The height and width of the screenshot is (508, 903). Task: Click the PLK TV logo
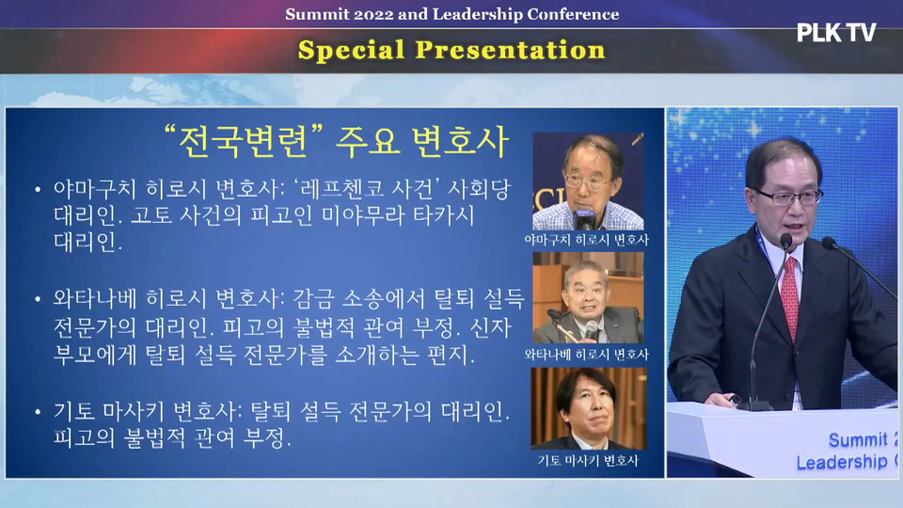(836, 32)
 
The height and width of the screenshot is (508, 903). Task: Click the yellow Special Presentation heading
(451, 50)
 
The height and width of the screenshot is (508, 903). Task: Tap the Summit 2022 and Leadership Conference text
(452, 14)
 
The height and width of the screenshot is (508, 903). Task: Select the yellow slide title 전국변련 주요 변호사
(337, 142)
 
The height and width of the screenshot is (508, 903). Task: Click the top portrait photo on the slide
(588, 182)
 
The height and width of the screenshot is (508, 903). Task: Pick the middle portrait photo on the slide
(588, 298)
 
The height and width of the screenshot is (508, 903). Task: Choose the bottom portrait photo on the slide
(588, 408)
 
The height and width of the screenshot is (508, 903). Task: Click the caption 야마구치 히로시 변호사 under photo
(586, 240)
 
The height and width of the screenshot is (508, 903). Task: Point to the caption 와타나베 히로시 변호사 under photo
(586, 355)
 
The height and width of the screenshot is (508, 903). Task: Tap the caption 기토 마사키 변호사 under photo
(588, 460)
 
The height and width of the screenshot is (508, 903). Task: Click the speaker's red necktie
(790, 296)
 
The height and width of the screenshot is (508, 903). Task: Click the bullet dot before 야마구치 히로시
(38, 189)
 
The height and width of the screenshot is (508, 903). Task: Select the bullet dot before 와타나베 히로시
(38, 299)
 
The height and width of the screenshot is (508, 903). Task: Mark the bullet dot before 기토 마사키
(38, 412)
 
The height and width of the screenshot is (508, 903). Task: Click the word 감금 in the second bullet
(313, 299)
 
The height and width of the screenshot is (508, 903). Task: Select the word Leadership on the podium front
(841, 462)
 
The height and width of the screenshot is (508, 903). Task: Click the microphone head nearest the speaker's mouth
(786, 241)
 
